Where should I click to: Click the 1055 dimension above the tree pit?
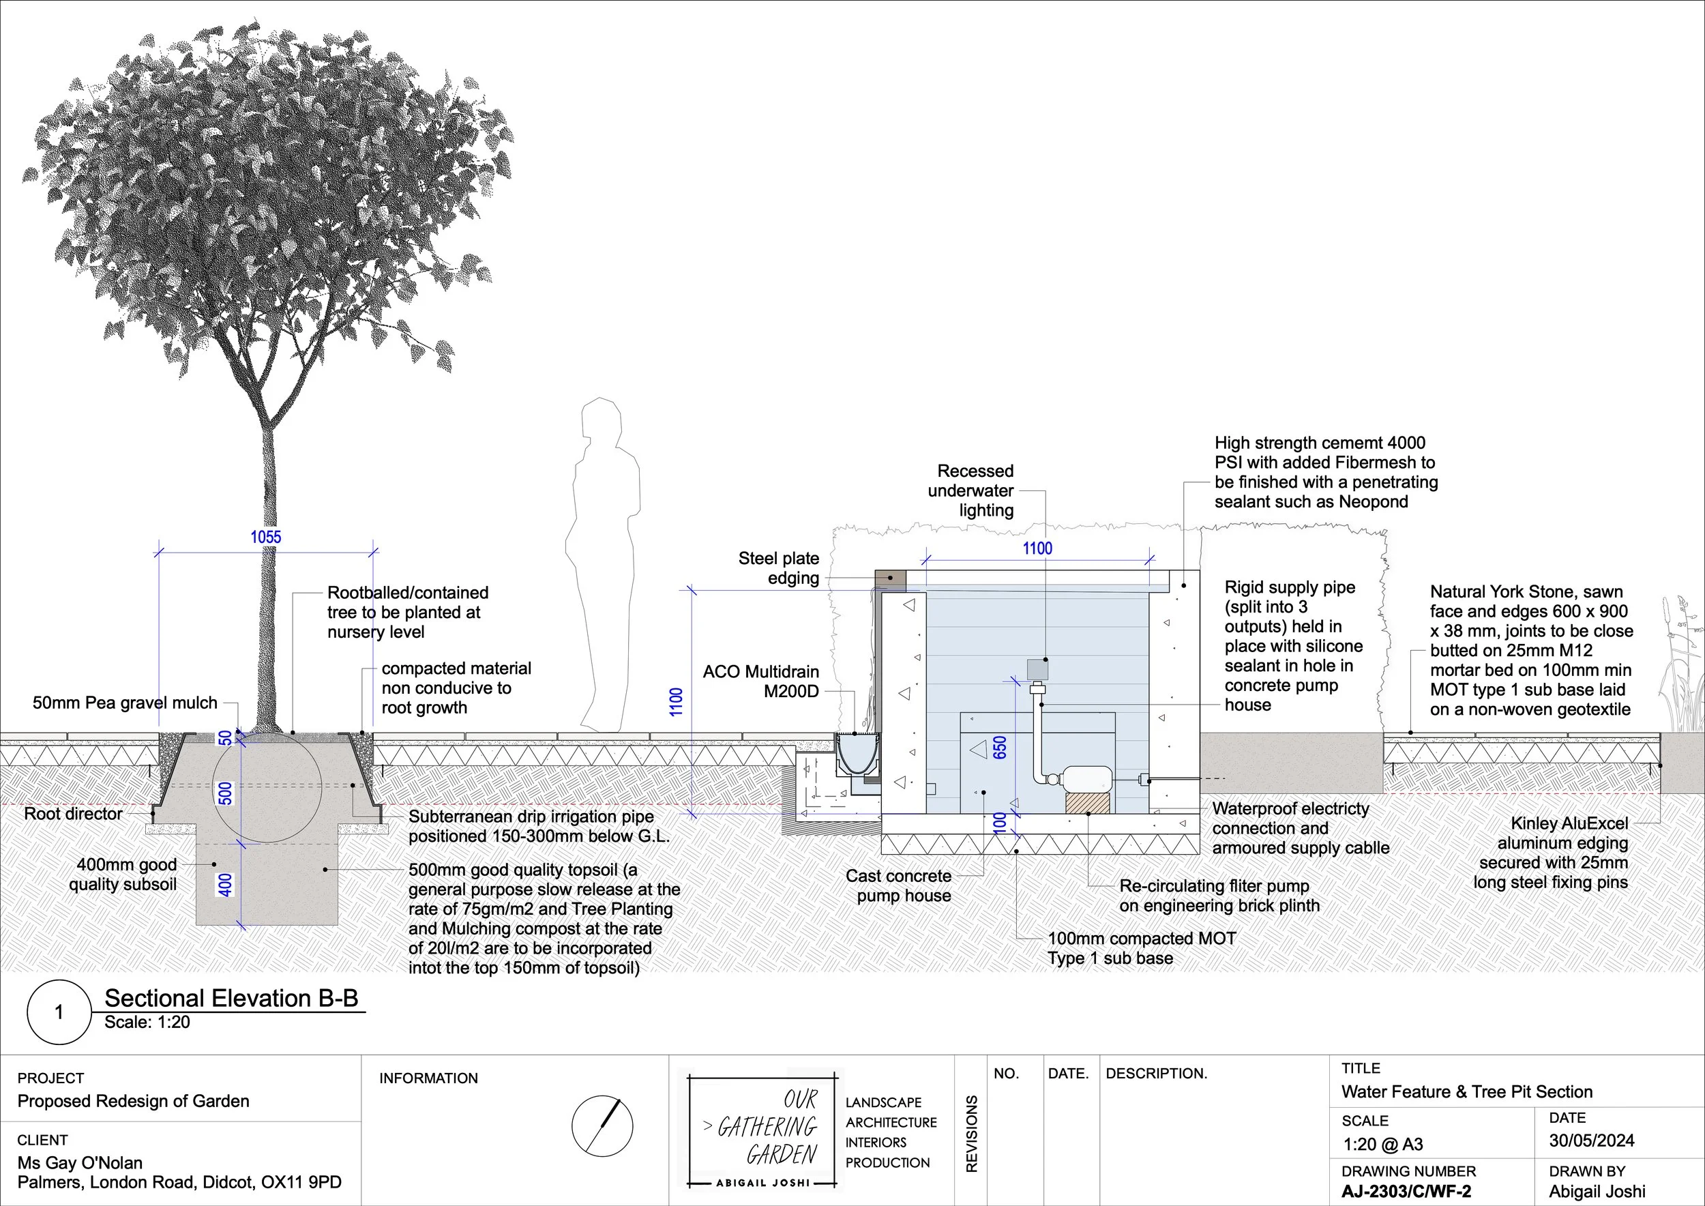pyautogui.click(x=265, y=537)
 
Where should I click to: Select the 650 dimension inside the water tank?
pyautogui.click(x=1000, y=747)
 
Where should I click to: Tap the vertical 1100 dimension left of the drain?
pyautogui.click(x=676, y=702)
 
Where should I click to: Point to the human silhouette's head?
pyautogui.click(x=601, y=420)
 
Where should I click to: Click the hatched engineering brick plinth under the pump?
pyautogui.click(x=1088, y=803)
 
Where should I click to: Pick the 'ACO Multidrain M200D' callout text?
pyautogui.click(x=761, y=681)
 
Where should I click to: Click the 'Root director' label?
pyautogui.click(x=73, y=814)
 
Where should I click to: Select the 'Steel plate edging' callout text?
pyautogui.click(x=778, y=568)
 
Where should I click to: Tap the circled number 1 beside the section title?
pyautogui.click(x=59, y=1012)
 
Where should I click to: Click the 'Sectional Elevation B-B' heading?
pyautogui.click(x=231, y=998)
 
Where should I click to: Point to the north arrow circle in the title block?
pyautogui.click(x=602, y=1125)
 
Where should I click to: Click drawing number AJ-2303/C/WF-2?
pyautogui.click(x=1406, y=1191)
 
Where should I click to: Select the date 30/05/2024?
pyautogui.click(x=1591, y=1141)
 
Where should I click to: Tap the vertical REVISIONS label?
pyautogui.click(x=971, y=1134)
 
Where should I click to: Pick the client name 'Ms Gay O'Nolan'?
pyautogui.click(x=80, y=1163)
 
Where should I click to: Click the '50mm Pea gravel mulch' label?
pyautogui.click(x=125, y=703)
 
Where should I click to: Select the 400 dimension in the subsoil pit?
pyautogui.click(x=225, y=885)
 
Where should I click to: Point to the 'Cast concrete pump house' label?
pyautogui.click(x=899, y=886)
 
